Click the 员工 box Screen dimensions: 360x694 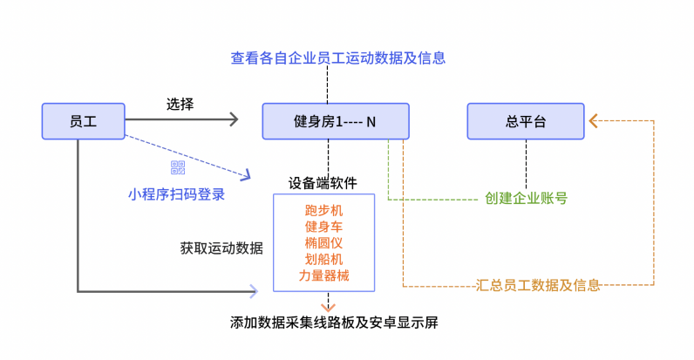pos(83,120)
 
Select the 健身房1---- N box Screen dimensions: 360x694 pos(335,121)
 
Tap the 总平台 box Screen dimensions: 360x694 pos(525,121)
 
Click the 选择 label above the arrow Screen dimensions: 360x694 pos(180,103)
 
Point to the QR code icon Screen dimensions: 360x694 pos(178,168)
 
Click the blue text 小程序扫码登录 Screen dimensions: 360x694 pos(177,194)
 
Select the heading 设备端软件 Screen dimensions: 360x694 pos(323,183)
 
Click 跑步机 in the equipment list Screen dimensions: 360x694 pos(324,210)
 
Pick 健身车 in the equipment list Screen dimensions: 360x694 pos(324,227)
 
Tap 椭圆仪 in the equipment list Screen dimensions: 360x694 pos(324,242)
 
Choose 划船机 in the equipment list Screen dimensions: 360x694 pos(324,259)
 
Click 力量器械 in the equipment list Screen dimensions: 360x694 pos(324,275)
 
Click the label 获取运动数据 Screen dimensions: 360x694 pos(222,247)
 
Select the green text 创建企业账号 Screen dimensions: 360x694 pos(526,198)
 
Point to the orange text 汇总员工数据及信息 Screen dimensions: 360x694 pos(539,284)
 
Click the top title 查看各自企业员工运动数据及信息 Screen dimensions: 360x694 pos(338,58)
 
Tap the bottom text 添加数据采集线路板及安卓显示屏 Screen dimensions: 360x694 pos(334,323)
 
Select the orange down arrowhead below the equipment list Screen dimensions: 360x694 pos(329,306)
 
